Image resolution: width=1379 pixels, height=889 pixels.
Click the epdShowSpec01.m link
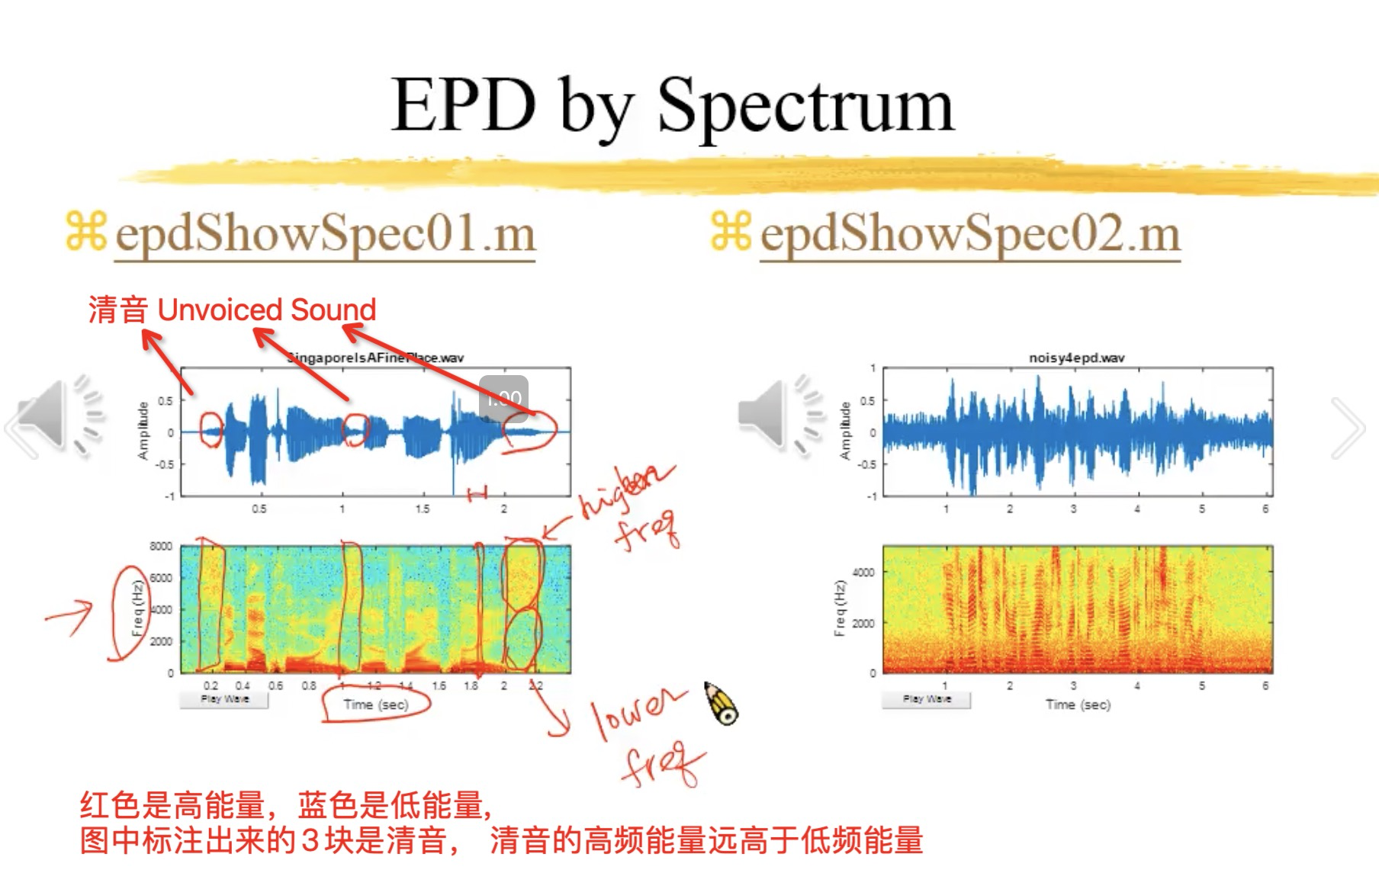point(325,233)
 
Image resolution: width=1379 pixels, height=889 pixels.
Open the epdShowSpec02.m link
point(970,233)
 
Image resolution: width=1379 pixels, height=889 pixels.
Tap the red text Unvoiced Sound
point(266,310)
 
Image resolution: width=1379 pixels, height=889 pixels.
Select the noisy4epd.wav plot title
point(1076,358)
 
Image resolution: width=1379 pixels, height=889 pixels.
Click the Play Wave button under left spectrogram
point(224,699)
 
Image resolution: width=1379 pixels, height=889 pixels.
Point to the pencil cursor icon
point(721,703)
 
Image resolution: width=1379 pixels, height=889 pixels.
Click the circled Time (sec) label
point(375,704)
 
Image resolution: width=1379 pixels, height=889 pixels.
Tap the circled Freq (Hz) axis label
point(137,610)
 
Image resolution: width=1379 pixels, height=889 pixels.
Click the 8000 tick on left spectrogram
point(161,547)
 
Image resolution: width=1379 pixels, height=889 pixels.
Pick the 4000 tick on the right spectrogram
point(863,572)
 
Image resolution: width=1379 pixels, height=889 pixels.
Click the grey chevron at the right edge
point(1348,427)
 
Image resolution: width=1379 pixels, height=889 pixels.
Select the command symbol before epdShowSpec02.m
point(730,232)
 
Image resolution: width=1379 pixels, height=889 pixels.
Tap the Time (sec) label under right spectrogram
point(1078,704)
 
